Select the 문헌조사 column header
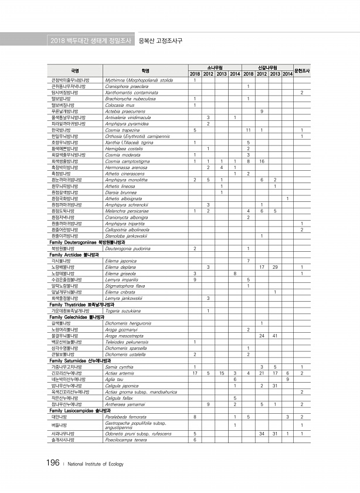pos(301,70)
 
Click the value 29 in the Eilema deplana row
pos(275,267)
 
